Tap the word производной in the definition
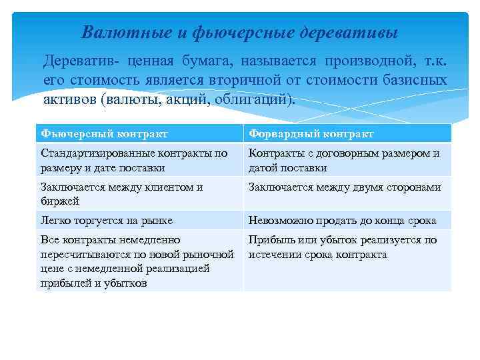363,62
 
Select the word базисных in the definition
417,81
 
